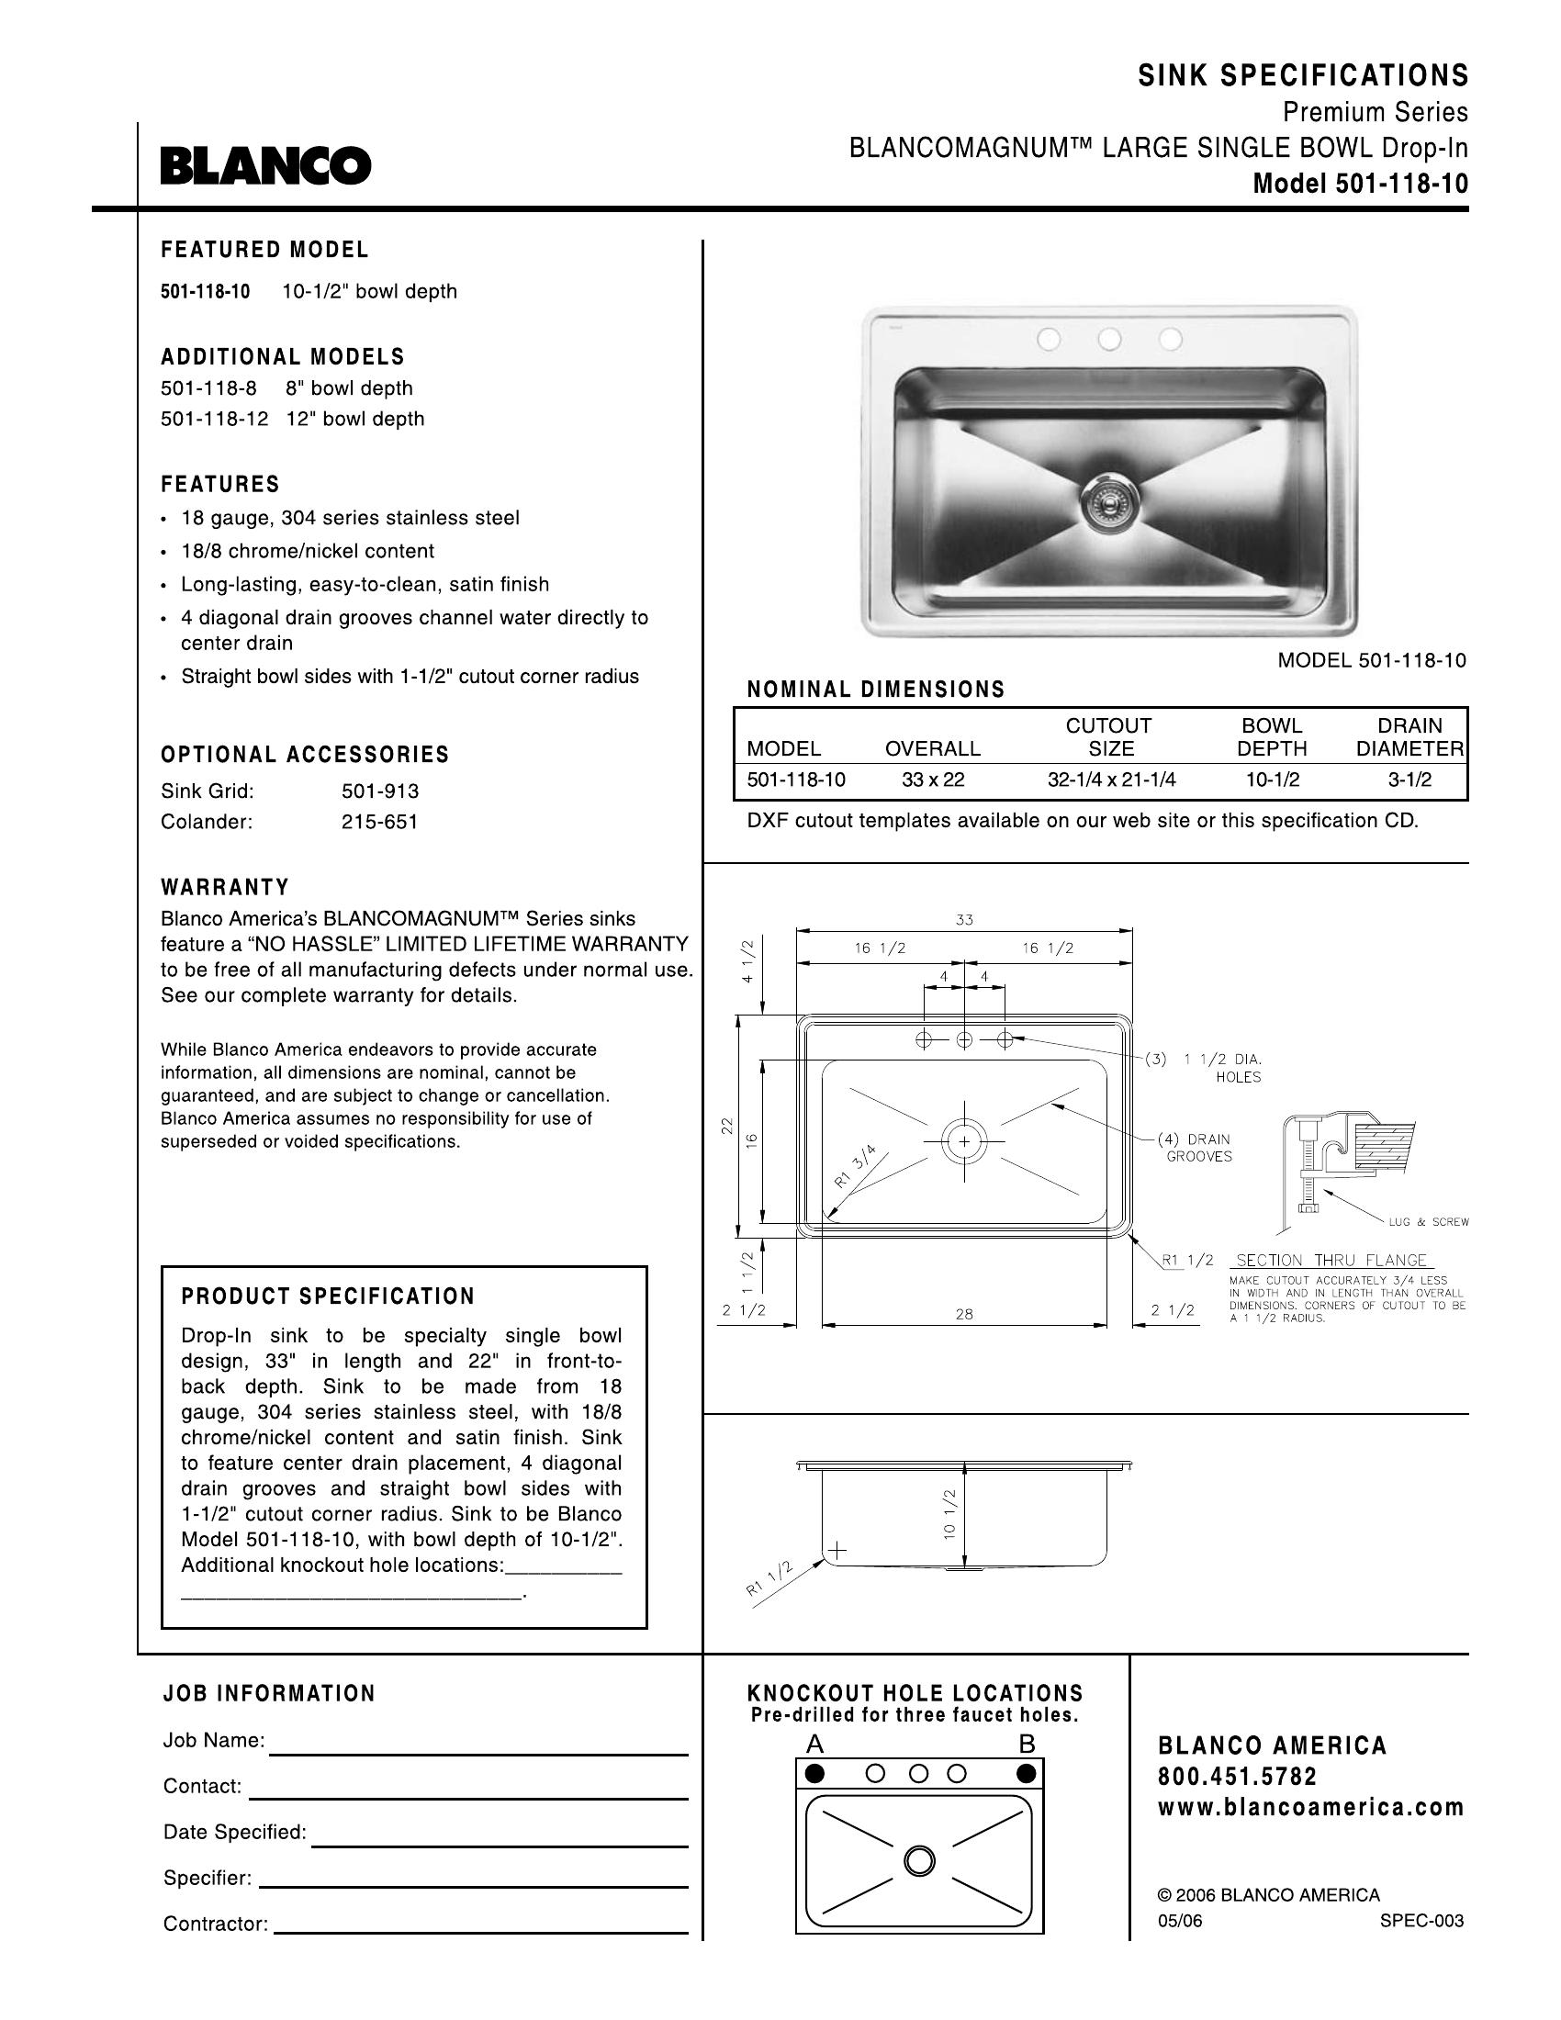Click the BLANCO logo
coord(265,165)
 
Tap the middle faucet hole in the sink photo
coord(1110,340)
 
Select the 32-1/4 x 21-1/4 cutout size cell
coord(1111,780)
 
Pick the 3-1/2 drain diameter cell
coord(1409,780)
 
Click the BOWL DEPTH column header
coord(1272,737)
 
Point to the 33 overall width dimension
coord(964,919)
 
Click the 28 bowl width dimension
coord(964,1313)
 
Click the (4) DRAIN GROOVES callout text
coord(1198,1148)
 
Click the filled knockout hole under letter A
coord(814,1774)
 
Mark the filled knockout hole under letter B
coord(1025,1774)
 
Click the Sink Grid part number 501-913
coord(380,791)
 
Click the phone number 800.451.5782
coord(1238,1777)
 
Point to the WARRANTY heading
coord(225,887)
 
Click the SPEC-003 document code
coord(1421,1921)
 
